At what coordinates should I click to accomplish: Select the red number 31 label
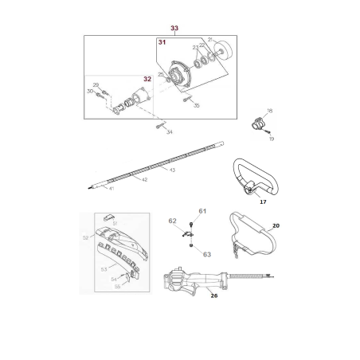click(x=162, y=43)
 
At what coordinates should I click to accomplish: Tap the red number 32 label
click(x=147, y=79)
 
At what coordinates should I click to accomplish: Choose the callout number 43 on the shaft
click(x=173, y=169)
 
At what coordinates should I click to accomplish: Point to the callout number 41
click(x=112, y=188)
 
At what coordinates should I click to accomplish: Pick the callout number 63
click(x=206, y=255)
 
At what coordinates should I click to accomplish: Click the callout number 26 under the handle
click(x=213, y=295)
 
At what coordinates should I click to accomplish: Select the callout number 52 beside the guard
click(x=86, y=237)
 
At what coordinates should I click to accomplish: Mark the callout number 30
click(x=89, y=92)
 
